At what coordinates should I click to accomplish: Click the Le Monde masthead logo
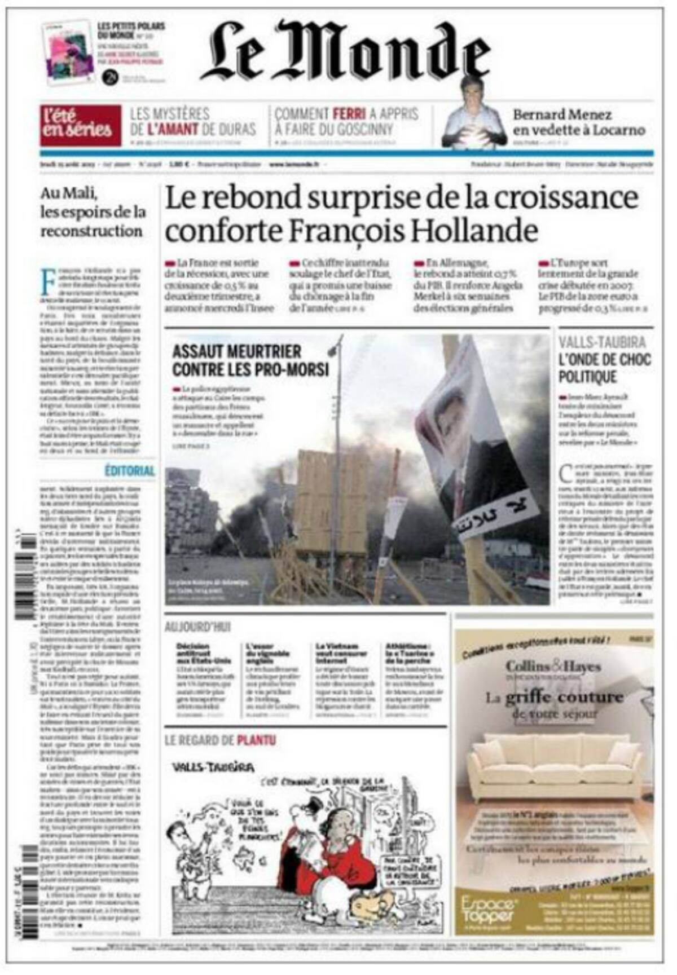tap(345, 52)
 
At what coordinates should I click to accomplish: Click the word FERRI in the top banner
tap(350, 114)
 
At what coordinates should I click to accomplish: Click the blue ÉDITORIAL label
tap(130, 470)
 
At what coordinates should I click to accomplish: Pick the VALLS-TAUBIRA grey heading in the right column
tap(603, 342)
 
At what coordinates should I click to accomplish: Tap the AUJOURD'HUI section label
tap(198, 627)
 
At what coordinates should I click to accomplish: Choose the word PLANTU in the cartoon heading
tap(257, 739)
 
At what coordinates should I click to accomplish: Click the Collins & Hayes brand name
tap(553, 666)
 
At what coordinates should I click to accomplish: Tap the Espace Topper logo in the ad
tap(487, 911)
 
